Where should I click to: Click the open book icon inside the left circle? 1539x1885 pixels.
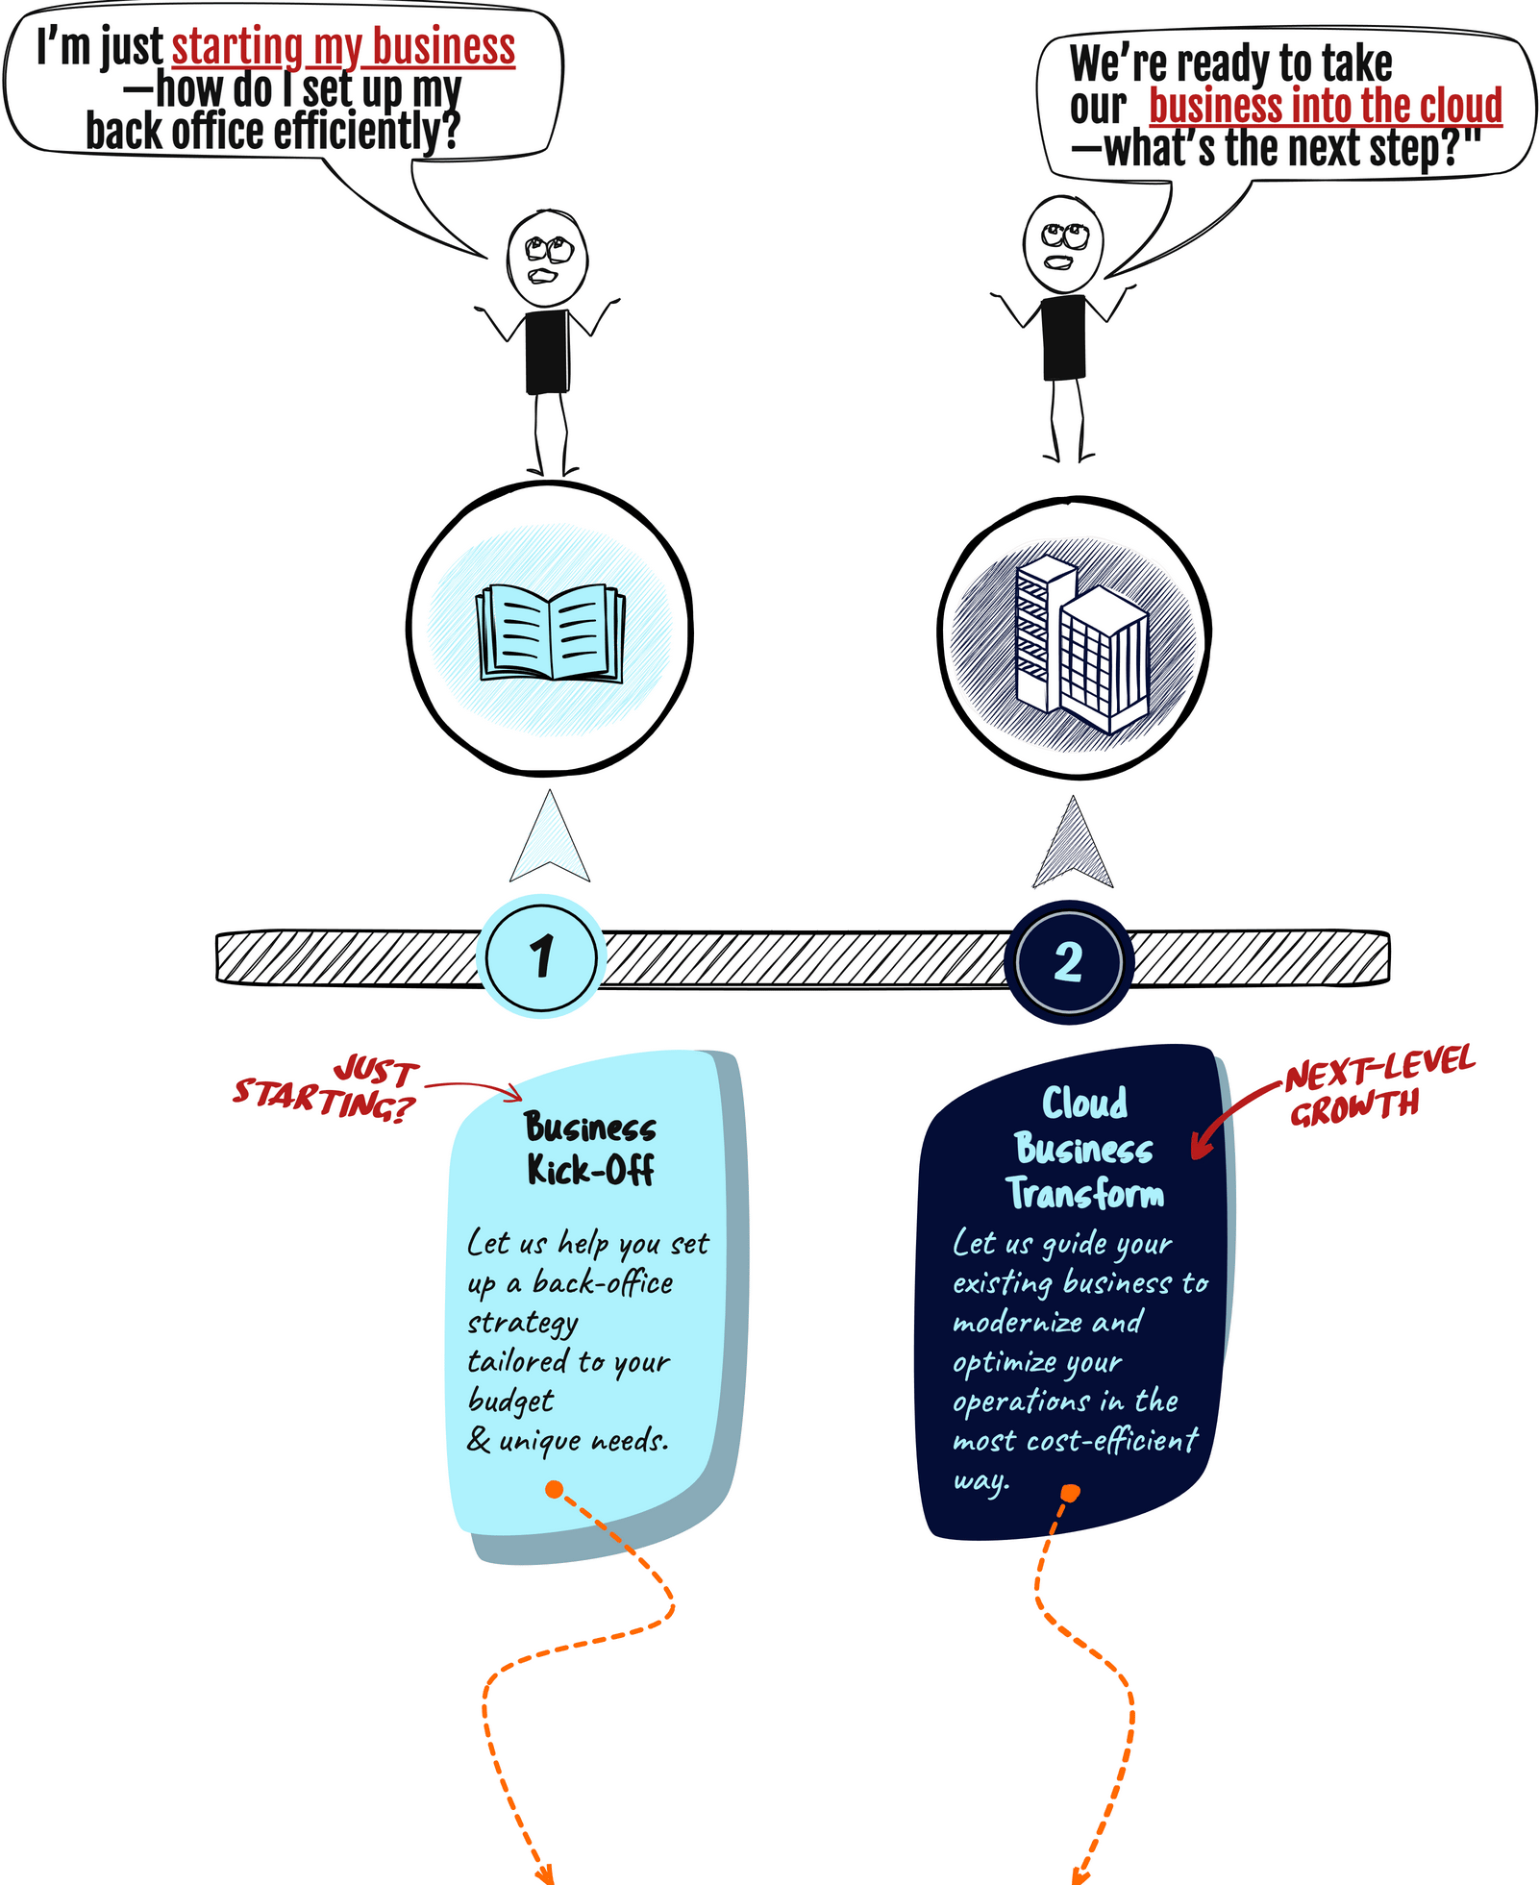(x=551, y=632)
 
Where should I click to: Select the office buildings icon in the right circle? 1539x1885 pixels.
(x=1081, y=646)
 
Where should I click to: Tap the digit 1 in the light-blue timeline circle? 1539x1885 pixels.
(x=542, y=955)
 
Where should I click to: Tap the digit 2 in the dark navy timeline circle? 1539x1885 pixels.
(x=1068, y=961)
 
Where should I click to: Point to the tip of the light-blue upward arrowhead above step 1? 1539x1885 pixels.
(x=549, y=791)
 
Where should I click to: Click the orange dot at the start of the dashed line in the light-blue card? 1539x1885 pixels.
(x=555, y=1489)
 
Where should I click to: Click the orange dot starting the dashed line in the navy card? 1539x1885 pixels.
(x=1070, y=1492)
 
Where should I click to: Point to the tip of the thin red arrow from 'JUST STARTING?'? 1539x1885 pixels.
(x=522, y=1099)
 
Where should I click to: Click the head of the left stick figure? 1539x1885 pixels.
(x=547, y=258)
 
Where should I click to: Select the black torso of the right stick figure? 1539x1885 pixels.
(x=1063, y=337)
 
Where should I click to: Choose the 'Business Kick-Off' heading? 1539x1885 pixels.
(x=590, y=1148)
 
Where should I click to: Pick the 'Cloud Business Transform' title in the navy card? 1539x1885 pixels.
(x=1085, y=1147)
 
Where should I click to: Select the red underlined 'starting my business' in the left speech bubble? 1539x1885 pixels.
(x=343, y=47)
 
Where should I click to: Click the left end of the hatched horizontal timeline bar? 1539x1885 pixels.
(x=218, y=957)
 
